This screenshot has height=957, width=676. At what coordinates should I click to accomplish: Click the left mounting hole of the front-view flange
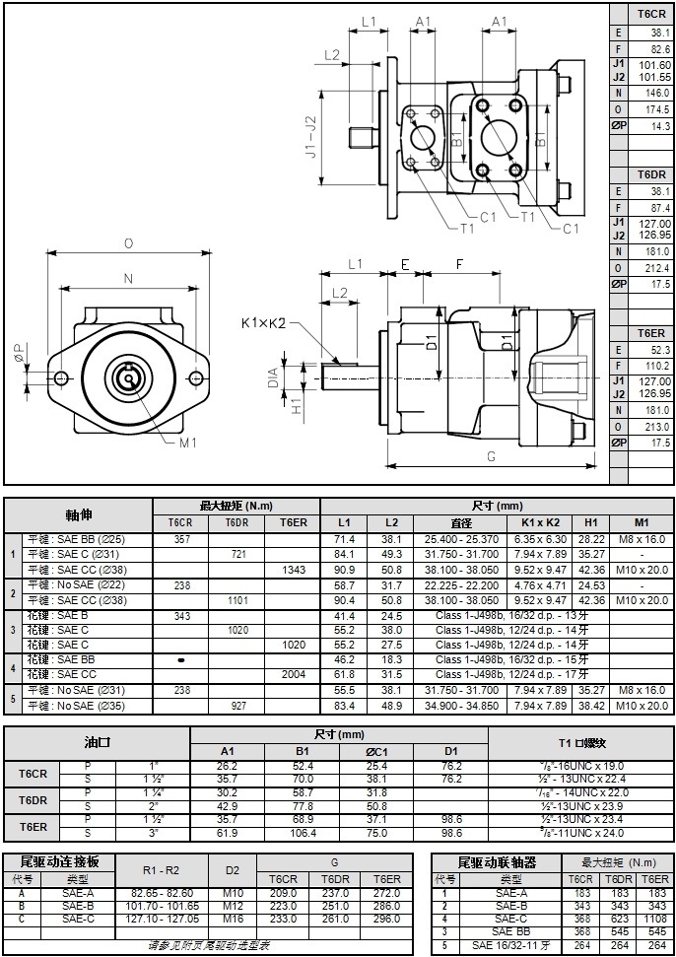(61, 376)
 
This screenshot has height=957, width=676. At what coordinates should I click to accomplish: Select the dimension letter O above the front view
(128, 243)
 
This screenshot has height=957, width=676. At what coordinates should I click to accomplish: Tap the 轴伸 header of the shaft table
(79, 514)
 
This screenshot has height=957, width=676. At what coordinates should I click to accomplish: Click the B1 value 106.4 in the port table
(302, 833)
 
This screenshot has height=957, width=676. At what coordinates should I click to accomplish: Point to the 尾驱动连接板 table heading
(59, 861)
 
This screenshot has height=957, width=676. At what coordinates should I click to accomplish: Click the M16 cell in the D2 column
(233, 919)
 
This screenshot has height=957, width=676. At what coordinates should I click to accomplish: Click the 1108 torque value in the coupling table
(656, 919)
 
